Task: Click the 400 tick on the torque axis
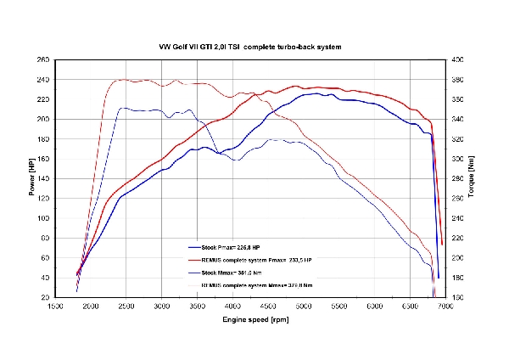[458, 60]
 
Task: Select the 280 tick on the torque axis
[458, 179]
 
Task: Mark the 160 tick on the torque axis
[458, 298]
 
